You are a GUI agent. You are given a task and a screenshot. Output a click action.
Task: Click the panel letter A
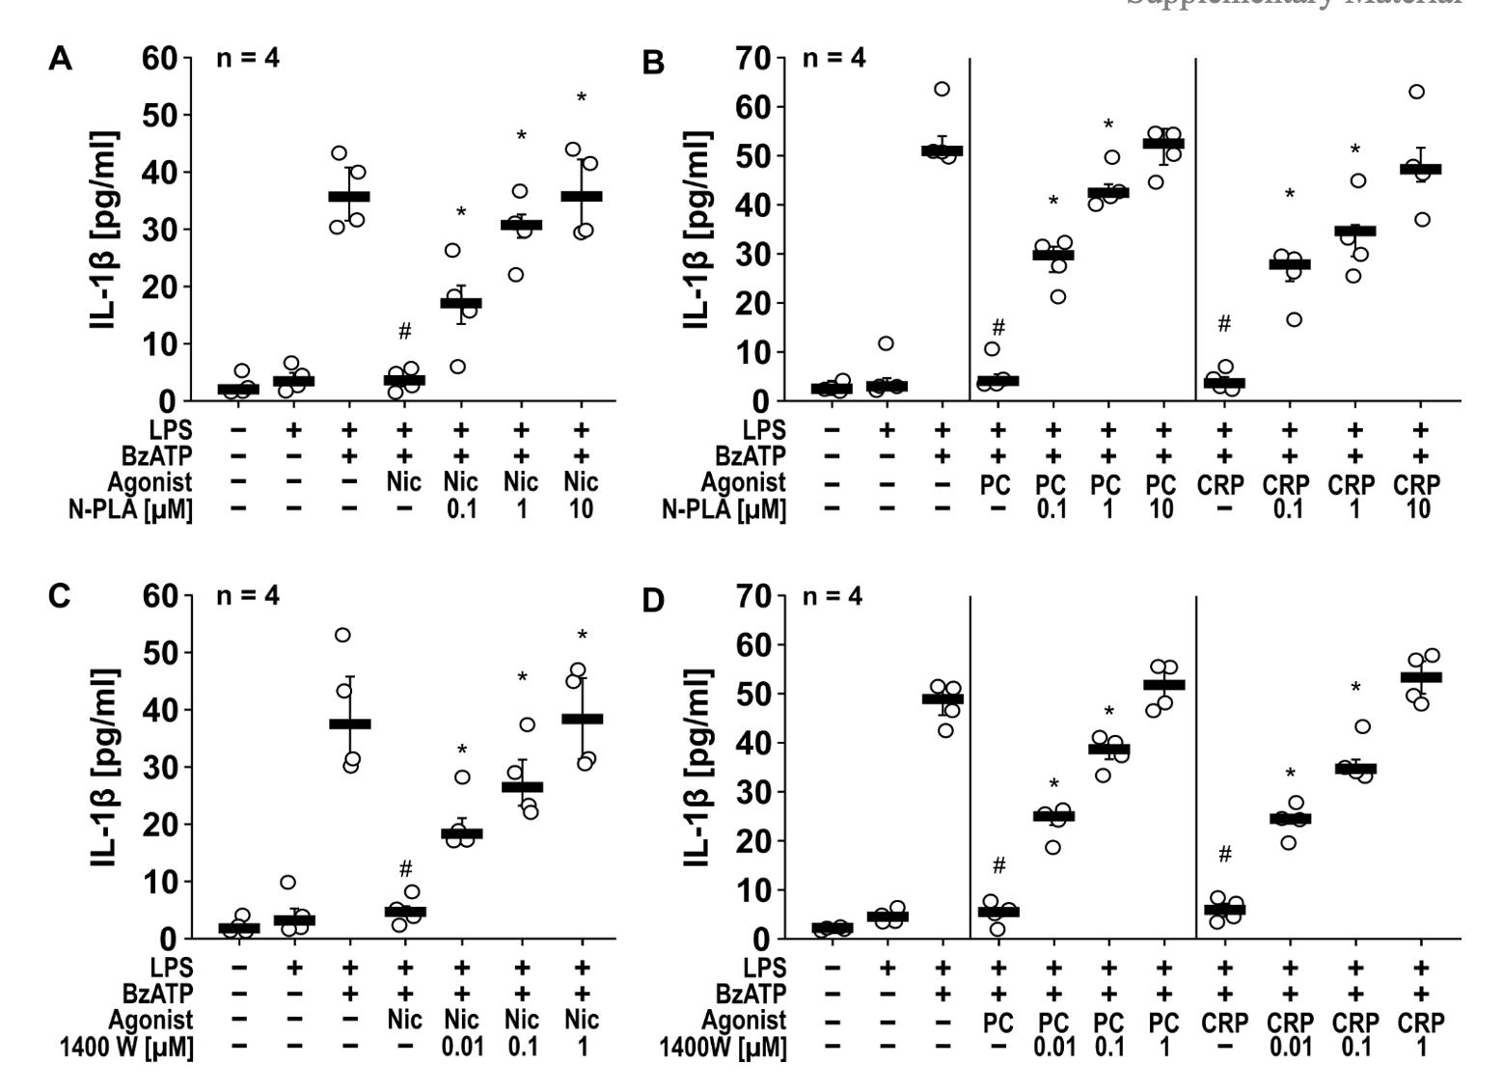tap(60, 60)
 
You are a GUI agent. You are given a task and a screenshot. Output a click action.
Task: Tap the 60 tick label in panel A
tap(157, 58)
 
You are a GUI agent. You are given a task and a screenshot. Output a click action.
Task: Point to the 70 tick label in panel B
tap(750, 58)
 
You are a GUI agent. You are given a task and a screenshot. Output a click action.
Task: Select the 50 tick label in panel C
tap(157, 653)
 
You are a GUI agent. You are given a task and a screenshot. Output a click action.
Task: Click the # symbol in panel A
tap(405, 333)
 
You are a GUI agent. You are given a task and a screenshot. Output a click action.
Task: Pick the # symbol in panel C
tap(405, 867)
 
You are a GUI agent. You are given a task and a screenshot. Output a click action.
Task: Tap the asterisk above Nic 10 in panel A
tap(582, 98)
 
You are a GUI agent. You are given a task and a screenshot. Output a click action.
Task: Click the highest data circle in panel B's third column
tap(942, 90)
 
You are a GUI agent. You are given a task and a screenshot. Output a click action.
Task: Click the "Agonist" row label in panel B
tap(743, 482)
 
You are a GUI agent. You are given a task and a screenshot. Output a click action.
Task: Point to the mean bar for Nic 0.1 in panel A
tap(461, 303)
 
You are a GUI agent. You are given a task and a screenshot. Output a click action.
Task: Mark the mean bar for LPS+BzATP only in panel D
tap(942, 698)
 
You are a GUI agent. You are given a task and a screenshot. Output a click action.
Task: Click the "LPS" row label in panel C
tap(173, 967)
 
